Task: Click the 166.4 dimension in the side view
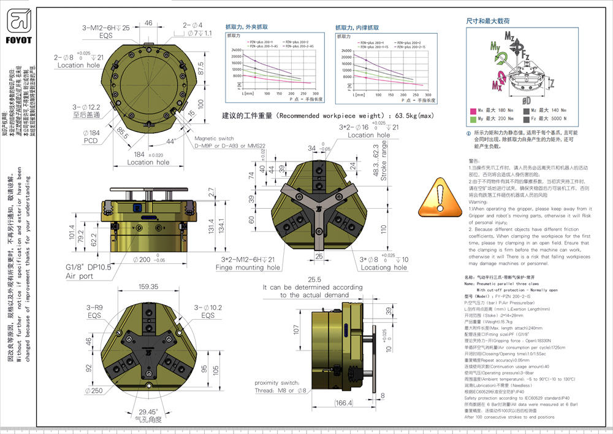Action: pos(345,403)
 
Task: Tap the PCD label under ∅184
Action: pos(91,141)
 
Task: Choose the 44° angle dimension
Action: pos(170,141)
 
